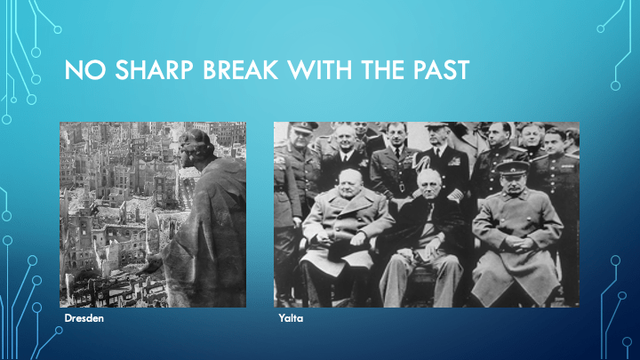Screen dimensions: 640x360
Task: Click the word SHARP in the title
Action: coord(155,70)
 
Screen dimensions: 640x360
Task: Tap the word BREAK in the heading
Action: coord(241,70)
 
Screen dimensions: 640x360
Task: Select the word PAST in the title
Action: coord(441,70)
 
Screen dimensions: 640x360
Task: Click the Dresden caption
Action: coord(84,318)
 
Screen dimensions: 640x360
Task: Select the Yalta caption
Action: coord(291,318)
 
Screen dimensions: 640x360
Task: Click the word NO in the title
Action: coord(85,70)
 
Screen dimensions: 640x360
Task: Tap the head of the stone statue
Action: coord(195,146)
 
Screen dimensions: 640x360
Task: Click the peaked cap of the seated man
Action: coord(512,168)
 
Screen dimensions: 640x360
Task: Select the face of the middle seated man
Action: coord(429,185)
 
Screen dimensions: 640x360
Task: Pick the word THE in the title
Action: coord(382,70)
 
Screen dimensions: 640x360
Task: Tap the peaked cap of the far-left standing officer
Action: coord(303,126)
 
